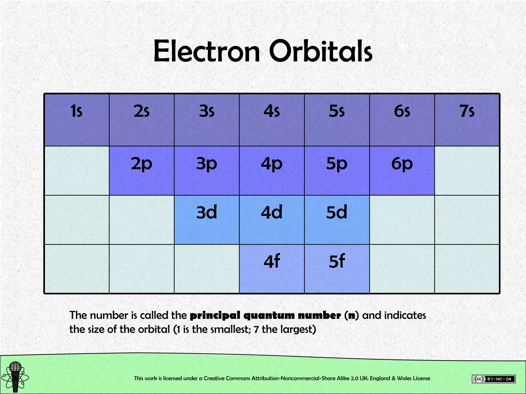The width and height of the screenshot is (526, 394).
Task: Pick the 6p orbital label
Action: [x=402, y=164]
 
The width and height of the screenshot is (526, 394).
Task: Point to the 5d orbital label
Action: [x=337, y=212]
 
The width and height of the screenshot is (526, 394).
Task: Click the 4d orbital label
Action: [x=272, y=212]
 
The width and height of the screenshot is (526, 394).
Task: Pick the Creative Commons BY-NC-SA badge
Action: [x=493, y=379]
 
